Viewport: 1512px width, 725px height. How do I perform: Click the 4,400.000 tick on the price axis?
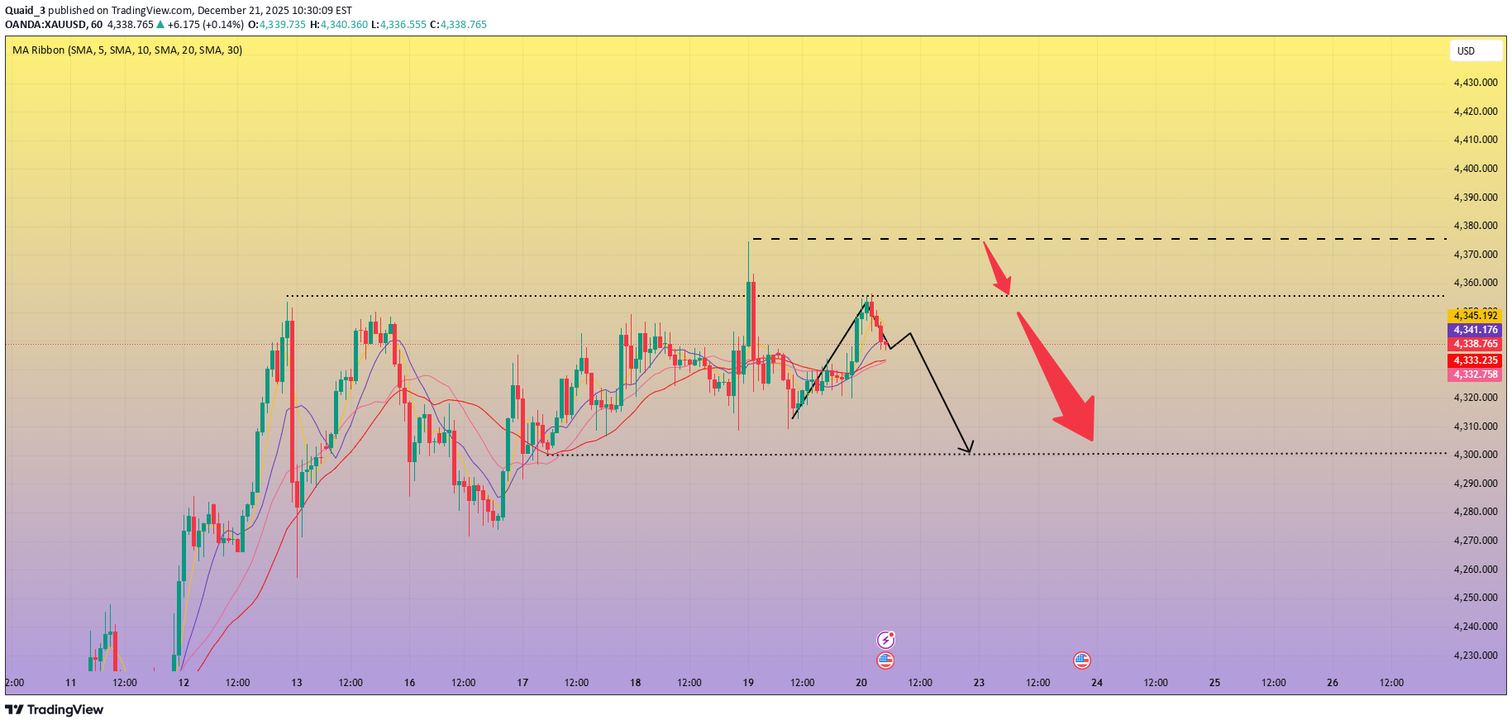[x=1476, y=169]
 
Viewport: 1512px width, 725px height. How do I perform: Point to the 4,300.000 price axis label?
[x=1476, y=455]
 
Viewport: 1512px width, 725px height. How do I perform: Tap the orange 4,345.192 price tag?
[x=1475, y=316]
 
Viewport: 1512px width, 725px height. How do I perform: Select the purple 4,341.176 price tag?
[x=1475, y=330]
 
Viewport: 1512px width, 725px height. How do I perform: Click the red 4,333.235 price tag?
[x=1475, y=360]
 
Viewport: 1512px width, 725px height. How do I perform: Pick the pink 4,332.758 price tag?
[x=1475, y=374]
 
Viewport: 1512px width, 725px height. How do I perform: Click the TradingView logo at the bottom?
[x=55, y=709]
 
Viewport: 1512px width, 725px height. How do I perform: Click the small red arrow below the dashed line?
[x=997, y=268]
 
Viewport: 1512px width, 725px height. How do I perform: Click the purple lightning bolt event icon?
[x=885, y=639]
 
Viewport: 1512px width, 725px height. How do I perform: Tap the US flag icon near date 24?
[x=1081, y=660]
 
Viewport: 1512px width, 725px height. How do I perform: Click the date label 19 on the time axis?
[x=748, y=683]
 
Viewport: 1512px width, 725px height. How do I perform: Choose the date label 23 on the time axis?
[x=979, y=683]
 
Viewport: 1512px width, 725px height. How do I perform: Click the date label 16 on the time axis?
[x=410, y=683]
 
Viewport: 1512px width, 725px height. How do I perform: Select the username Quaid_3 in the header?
[x=25, y=11]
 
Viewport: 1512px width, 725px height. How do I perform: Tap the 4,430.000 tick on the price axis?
[x=1476, y=83]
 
